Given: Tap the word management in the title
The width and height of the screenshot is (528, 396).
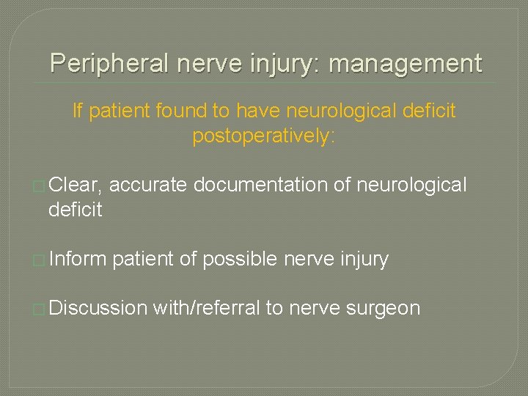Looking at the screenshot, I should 406,64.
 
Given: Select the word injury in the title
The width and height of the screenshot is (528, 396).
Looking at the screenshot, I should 282,64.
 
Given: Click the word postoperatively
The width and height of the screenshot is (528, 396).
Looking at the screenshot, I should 263,136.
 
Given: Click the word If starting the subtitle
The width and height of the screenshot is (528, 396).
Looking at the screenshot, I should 77,111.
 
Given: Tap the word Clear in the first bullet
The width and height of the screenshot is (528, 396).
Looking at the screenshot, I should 78,186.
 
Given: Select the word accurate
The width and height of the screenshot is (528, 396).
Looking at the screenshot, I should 150,186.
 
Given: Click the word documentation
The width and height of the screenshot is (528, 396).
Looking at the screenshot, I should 260,186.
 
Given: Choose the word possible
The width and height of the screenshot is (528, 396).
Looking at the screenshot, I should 238,259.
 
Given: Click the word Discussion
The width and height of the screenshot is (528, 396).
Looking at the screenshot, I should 98,308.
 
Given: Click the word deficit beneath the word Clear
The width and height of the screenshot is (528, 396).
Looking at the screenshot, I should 75,210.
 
